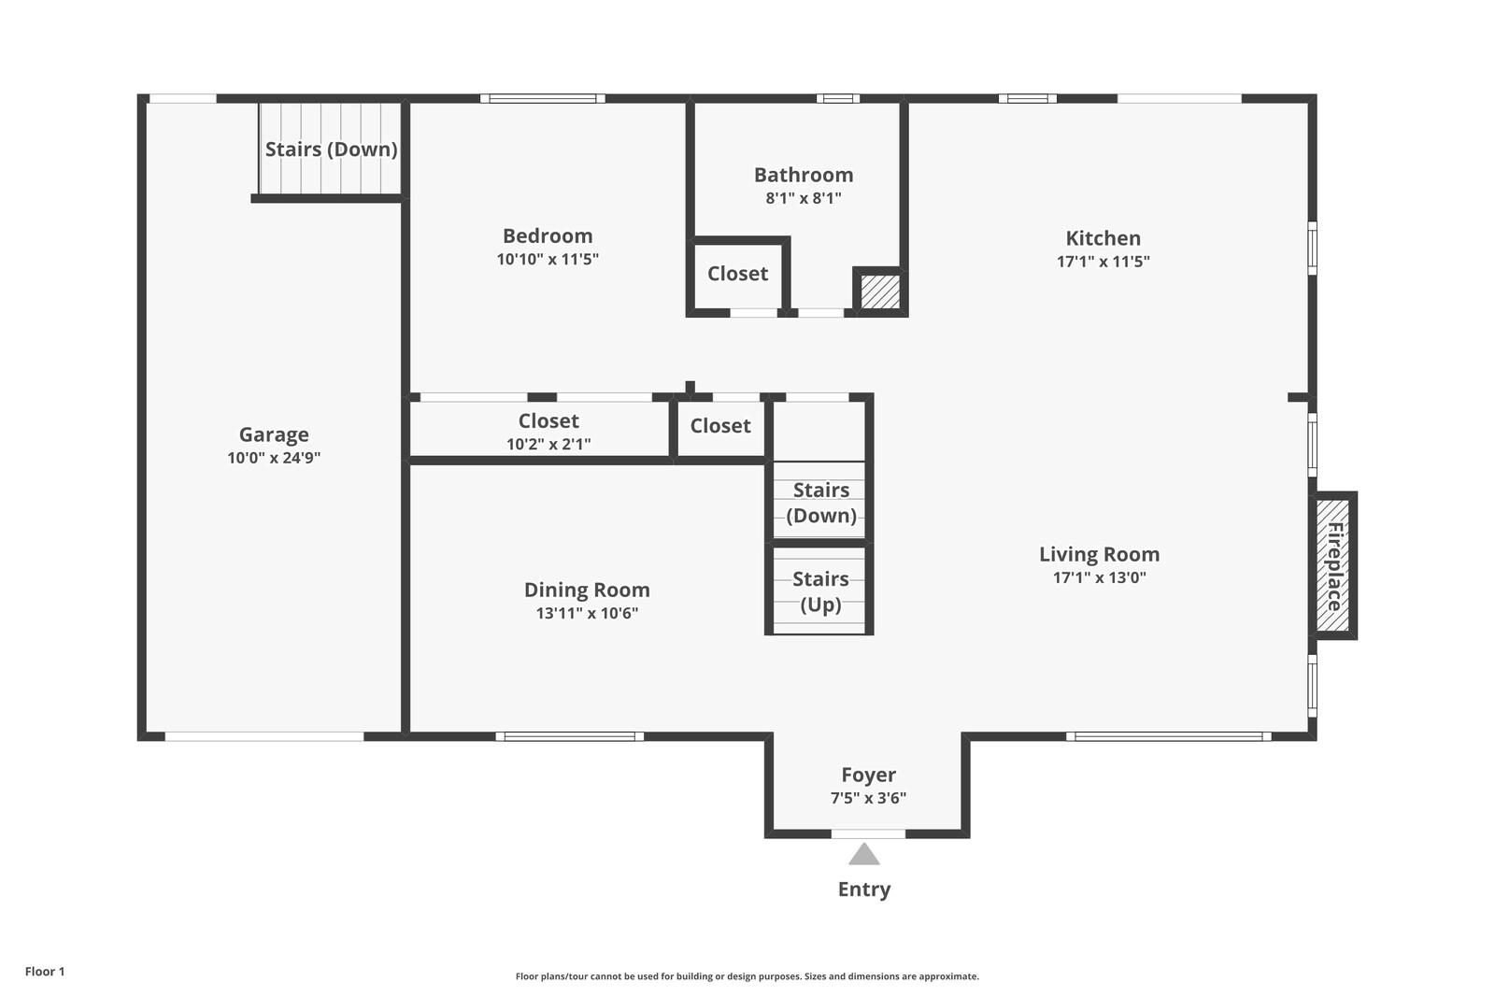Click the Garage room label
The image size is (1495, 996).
[274, 434]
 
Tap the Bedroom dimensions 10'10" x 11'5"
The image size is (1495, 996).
[548, 259]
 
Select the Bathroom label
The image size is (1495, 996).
[804, 175]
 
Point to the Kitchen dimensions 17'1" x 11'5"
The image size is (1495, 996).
[1103, 261]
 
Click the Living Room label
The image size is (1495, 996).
[1099, 555]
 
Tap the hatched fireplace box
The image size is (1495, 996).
[1332, 565]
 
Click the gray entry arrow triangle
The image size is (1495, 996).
[864, 854]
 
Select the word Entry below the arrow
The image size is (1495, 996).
[864, 889]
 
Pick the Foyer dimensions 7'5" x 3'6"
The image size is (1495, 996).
[868, 798]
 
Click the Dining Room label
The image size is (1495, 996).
[587, 590]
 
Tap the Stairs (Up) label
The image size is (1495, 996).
[820, 591]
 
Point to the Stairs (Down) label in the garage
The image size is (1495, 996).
[331, 149]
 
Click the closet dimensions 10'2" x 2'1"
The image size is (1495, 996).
[548, 444]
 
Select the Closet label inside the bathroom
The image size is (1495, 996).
[737, 274]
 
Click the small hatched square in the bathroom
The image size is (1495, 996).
[880, 292]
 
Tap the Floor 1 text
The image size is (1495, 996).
[45, 972]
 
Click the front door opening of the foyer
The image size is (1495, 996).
[868, 833]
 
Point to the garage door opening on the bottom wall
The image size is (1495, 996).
[264, 736]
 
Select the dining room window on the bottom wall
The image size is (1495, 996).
[570, 736]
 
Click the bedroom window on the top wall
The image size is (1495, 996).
[543, 99]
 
